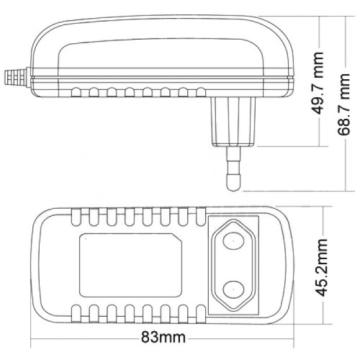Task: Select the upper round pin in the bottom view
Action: pyautogui.click(x=233, y=240)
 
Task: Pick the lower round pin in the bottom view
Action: pyautogui.click(x=233, y=290)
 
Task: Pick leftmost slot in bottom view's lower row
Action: pyautogui.click(x=76, y=314)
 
